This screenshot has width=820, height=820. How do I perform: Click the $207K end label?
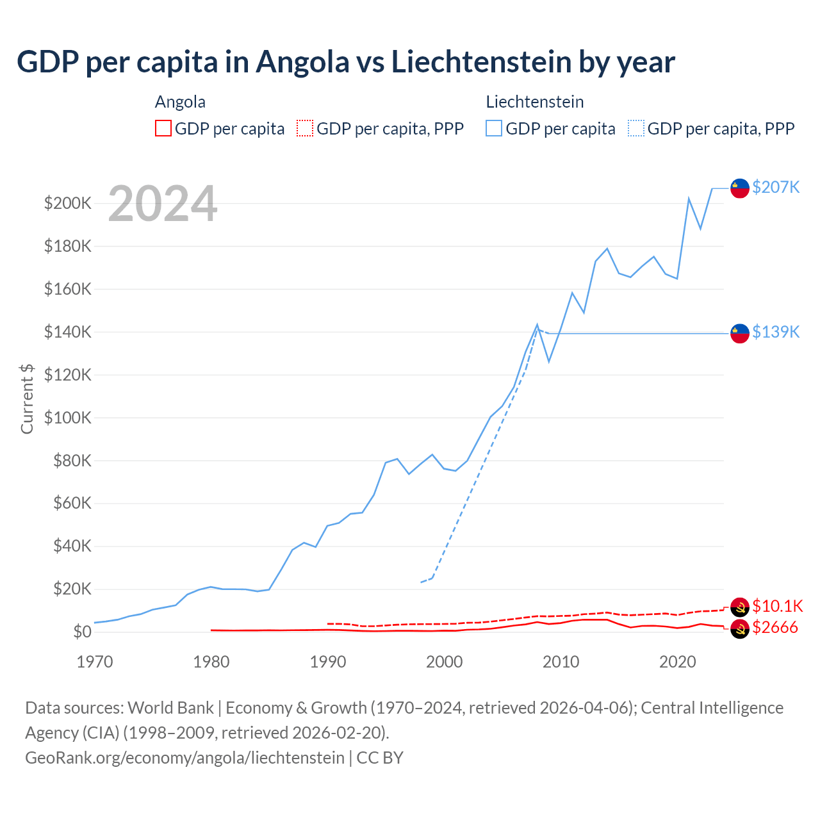[x=776, y=187]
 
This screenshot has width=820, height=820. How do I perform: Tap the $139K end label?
[x=776, y=332]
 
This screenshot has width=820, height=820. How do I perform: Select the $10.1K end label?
[x=777, y=606]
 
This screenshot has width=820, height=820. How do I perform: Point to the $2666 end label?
[x=775, y=627]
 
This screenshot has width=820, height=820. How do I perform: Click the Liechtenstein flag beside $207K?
[x=740, y=188]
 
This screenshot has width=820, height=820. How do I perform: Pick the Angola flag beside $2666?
[x=740, y=629]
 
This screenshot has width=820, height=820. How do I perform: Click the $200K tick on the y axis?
[x=68, y=204]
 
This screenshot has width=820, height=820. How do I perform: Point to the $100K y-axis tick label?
[x=68, y=418]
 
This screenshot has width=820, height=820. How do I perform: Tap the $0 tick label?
[x=82, y=632]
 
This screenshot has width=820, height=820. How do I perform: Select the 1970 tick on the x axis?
[x=95, y=662]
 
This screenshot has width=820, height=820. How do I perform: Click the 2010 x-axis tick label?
[x=561, y=662]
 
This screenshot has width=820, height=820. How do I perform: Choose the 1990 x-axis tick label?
[x=328, y=662]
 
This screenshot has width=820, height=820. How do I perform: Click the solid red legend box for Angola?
[x=163, y=128]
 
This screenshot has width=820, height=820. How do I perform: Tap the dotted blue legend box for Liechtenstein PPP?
[x=636, y=128]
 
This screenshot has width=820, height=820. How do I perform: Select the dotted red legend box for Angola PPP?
[x=305, y=128]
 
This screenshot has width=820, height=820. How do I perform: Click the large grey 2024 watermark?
[x=163, y=204]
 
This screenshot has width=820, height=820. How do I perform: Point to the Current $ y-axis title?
[x=27, y=398]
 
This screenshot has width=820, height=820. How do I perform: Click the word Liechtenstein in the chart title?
[x=481, y=61]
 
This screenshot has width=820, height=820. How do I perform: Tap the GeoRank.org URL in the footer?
[x=184, y=757]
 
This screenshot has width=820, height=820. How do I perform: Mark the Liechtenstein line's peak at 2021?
[x=689, y=199]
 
